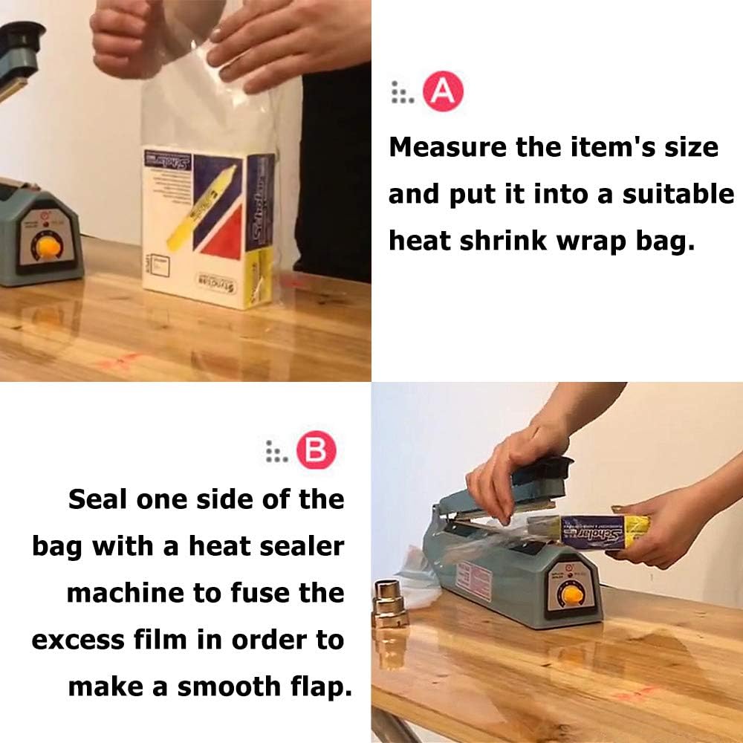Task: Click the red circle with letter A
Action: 443,92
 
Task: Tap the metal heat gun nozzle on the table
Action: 392,602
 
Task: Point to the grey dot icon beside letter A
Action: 401,92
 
